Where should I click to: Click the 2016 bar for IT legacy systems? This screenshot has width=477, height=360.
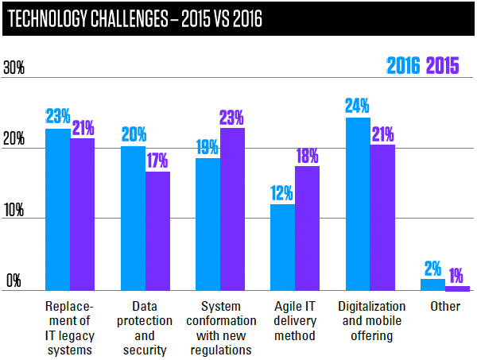click(x=57, y=210)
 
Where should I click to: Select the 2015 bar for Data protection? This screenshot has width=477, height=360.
click(x=157, y=231)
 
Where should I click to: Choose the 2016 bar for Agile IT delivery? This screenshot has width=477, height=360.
click(x=283, y=248)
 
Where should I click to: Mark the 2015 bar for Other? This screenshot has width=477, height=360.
click(x=457, y=288)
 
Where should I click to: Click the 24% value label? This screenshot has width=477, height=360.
click(x=358, y=106)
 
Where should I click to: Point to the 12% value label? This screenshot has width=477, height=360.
click(x=282, y=193)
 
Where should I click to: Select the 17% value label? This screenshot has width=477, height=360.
click(x=157, y=160)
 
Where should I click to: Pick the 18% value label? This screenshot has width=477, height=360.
click(x=308, y=155)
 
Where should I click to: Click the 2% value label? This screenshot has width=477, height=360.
click(x=433, y=268)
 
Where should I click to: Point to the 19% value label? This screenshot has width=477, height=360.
click(x=207, y=146)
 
